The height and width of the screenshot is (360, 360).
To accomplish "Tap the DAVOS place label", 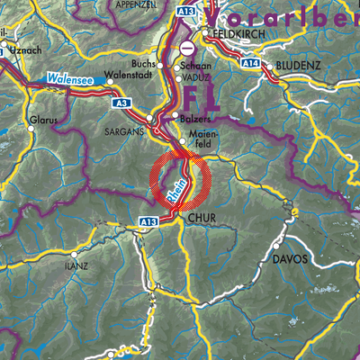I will (x=290, y=259).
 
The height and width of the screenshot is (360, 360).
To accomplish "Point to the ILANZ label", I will (x=76, y=266).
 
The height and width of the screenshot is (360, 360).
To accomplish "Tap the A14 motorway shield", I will (x=249, y=64).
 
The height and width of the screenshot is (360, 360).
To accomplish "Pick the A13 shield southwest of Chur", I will (x=148, y=220).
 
